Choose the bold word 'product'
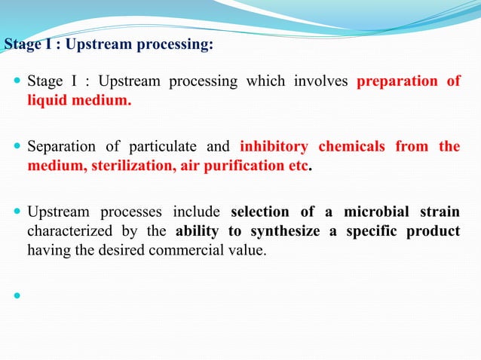433,230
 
